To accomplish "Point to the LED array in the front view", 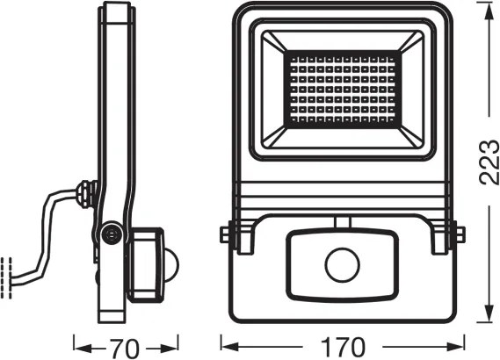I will [x=341, y=90].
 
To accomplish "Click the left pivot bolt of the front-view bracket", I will [x=228, y=234].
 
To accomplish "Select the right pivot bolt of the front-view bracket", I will [x=453, y=234].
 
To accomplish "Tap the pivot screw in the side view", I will [x=109, y=233].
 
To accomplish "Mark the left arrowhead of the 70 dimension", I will [x=76, y=344].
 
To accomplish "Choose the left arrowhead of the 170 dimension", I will [x=223, y=344].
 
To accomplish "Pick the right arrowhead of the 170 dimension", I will [x=459, y=344].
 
